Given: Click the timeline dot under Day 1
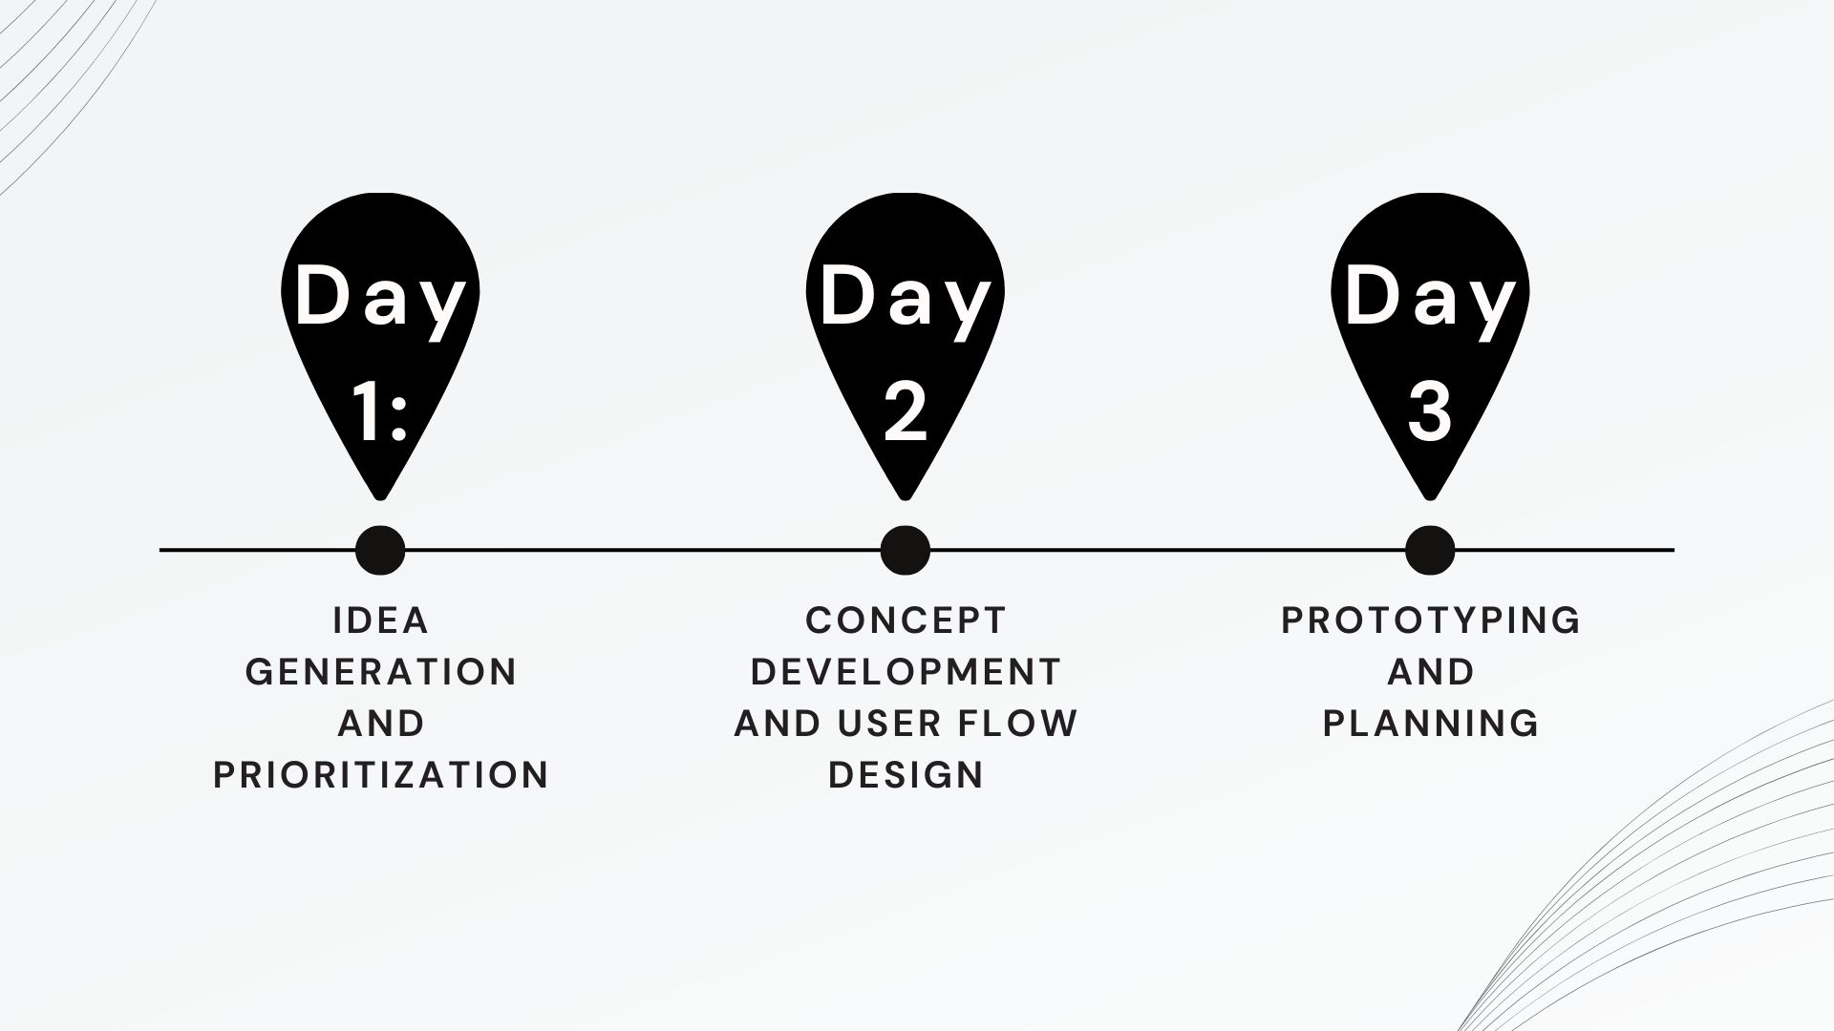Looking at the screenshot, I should point(380,550).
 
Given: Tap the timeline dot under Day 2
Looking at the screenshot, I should point(905,550).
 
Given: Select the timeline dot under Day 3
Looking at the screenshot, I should point(1430,550).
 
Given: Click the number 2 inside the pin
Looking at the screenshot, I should point(906,410).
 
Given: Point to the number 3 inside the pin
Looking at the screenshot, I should point(1430,410).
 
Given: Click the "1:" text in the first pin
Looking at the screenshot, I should point(380,410).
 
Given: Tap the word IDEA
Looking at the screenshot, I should point(381,621).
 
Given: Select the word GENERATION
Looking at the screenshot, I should point(381,672).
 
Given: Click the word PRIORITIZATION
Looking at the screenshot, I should point(381,774).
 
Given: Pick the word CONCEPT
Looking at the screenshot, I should point(906,621).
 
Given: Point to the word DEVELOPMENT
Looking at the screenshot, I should point(906,672).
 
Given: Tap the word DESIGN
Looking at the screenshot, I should point(906,774).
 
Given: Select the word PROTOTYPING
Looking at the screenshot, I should point(1431,621).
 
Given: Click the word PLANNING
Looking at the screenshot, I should point(1431,724).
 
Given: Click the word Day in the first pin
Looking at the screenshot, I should point(380,298).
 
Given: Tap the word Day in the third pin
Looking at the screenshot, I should point(1430,298).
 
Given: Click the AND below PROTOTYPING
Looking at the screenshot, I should point(1431,672).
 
